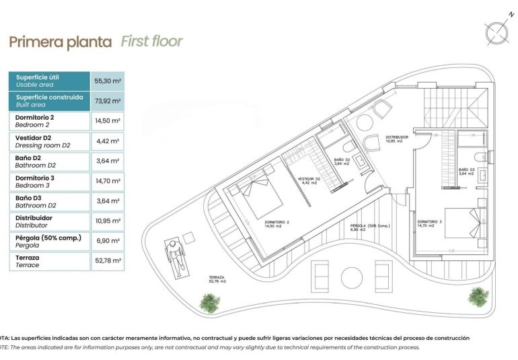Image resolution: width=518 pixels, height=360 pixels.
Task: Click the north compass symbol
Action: [496, 32]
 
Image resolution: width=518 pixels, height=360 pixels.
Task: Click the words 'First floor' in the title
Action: [151, 41]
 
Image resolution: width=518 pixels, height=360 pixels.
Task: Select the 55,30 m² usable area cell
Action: [107, 81]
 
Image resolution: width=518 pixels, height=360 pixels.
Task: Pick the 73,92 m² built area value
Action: [107, 101]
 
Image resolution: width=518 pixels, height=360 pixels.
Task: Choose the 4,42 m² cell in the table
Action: [107, 141]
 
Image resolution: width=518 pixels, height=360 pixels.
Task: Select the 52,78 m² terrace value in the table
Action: [107, 261]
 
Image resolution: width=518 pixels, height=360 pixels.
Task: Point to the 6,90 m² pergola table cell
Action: [107, 241]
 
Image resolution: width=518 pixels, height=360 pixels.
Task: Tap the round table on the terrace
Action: [352, 277]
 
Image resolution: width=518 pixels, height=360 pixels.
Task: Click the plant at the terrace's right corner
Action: [477, 295]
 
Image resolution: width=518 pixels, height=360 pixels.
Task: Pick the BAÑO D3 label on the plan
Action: [467, 171]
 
